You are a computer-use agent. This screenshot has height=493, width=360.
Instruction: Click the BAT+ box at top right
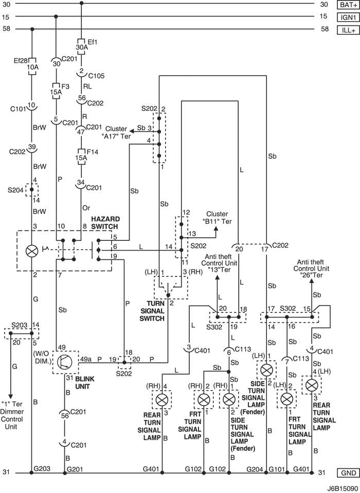click(348, 5)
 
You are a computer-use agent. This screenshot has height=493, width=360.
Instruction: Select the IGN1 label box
click(348, 17)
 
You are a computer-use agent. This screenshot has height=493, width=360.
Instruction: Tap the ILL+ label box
click(348, 30)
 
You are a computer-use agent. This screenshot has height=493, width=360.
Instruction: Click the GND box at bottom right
click(348, 472)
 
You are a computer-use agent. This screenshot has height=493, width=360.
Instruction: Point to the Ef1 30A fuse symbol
click(82, 47)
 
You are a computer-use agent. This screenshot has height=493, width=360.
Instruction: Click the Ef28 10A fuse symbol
click(32, 66)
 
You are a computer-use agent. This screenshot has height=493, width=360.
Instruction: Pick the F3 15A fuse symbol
click(56, 91)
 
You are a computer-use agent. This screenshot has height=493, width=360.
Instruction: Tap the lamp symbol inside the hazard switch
click(32, 251)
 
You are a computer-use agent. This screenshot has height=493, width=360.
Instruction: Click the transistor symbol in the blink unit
click(65, 362)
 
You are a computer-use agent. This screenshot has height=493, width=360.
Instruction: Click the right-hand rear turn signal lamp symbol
click(162, 400)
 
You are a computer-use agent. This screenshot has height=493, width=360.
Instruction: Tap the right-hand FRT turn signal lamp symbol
click(204, 400)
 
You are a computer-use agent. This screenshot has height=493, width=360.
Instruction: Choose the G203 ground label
click(42, 469)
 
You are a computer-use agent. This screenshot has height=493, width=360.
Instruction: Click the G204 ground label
click(255, 469)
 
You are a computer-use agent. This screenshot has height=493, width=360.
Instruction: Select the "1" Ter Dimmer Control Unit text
click(12, 415)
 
